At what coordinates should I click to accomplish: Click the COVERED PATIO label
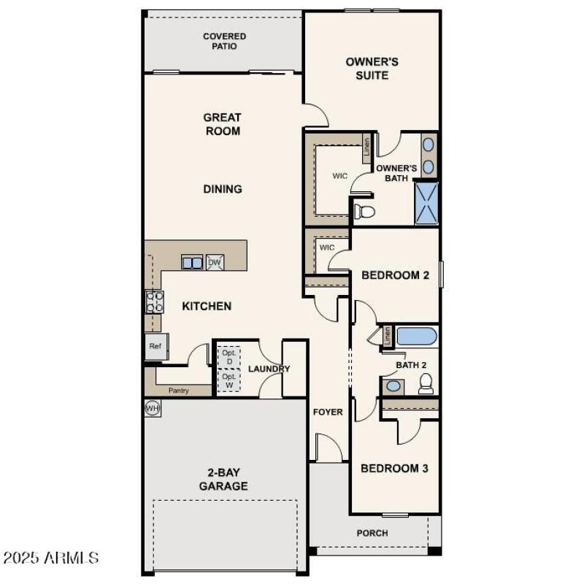coord(224,42)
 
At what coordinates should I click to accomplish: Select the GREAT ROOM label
coord(222,124)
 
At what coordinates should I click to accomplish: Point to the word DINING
coord(223,189)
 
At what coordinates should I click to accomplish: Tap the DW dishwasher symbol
coord(215,263)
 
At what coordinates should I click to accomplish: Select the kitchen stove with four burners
coord(155,301)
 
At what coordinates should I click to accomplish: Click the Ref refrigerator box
coord(156,346)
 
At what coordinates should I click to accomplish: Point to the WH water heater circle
coord(153,407)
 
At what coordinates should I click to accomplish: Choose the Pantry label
coord(179,391)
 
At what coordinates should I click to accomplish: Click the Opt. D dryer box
coord(230,357)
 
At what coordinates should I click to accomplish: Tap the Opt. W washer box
coord(230,380)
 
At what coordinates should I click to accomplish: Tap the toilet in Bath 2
coord(426,383)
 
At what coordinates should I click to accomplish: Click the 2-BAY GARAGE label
coord(223,480)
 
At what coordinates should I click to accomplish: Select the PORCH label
coord(372,533)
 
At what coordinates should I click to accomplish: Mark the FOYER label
coord(328,412)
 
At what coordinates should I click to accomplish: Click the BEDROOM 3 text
coord(394,468)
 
